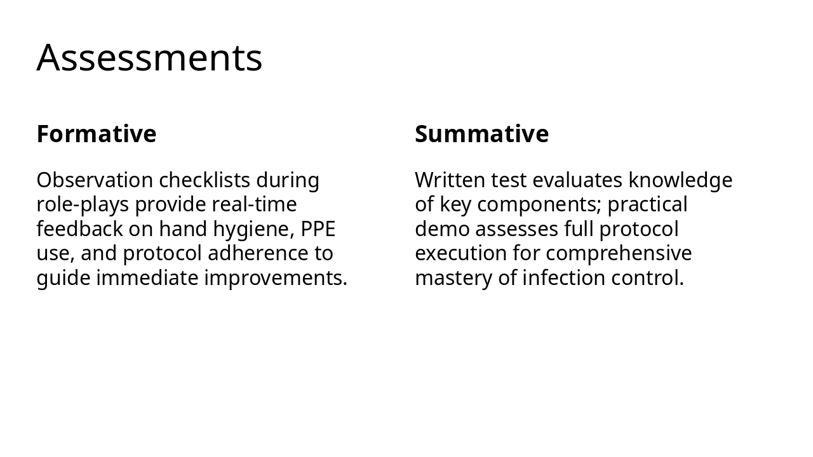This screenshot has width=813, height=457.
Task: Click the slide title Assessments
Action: (149, 58)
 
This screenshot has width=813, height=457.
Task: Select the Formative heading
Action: (97, 134)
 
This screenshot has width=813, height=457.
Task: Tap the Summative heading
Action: (481, 134)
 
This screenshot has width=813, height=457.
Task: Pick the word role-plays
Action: (83, 204)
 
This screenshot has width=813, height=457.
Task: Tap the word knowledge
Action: (680, 180)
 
